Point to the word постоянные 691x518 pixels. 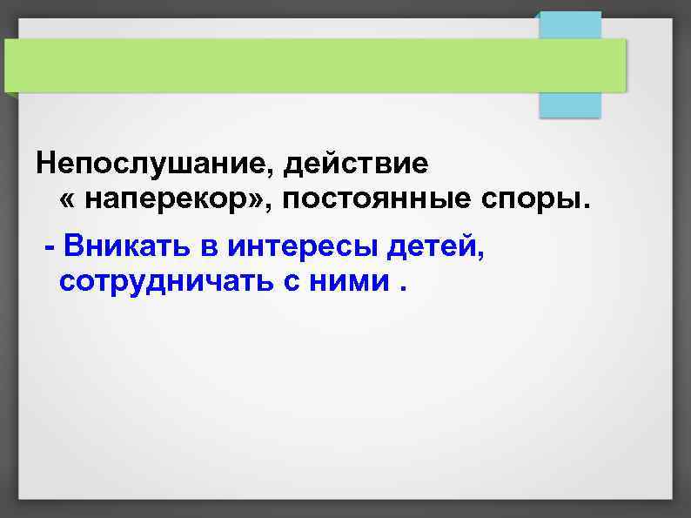point(372,201)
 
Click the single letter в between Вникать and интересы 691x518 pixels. point(209,248)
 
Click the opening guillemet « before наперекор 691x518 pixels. point(68,203)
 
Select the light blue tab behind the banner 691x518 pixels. point(570,103)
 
